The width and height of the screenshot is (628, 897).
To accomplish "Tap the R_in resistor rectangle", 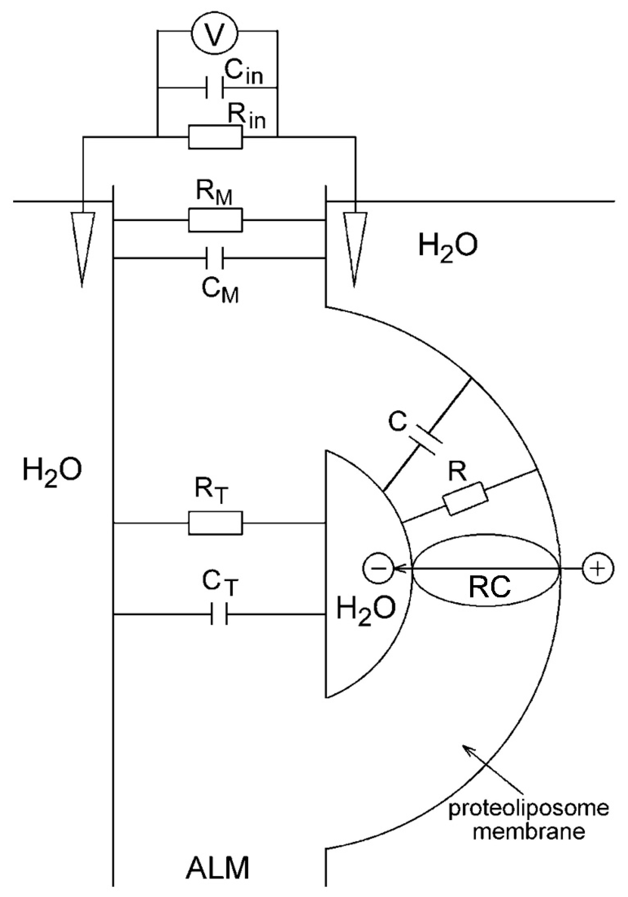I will point(215,137).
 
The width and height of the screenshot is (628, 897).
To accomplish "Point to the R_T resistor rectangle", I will point(215,523).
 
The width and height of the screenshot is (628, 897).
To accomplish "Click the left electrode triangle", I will point(83,242).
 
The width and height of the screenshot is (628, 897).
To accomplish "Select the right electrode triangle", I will point(355,242).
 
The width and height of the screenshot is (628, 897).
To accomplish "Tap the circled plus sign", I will point(598,569).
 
